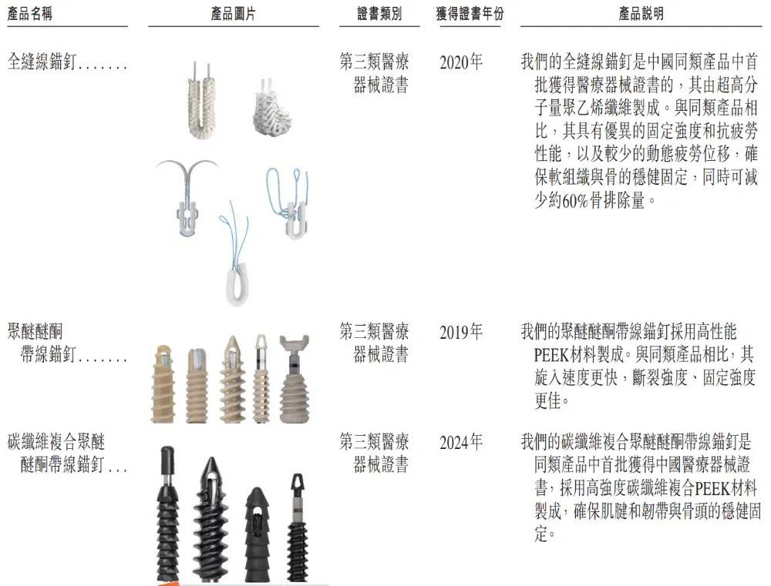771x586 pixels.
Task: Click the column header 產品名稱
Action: click(x=30, y=15)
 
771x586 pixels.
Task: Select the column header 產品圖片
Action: click(x=233, y=15)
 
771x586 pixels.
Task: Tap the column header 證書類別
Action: click(x=379, y=15)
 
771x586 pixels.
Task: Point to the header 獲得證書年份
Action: click(x=470, y=15)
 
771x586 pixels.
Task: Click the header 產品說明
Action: click(x=641, y=15)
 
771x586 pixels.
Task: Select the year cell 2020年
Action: click(x=461, y=62)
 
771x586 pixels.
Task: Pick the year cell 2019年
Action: click(x=461, y=333)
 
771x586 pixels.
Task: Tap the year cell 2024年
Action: click(x=461, y=443)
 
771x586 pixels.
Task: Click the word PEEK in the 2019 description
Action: click(x=552, y=357)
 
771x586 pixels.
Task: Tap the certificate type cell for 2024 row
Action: click(x=377, y=454)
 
